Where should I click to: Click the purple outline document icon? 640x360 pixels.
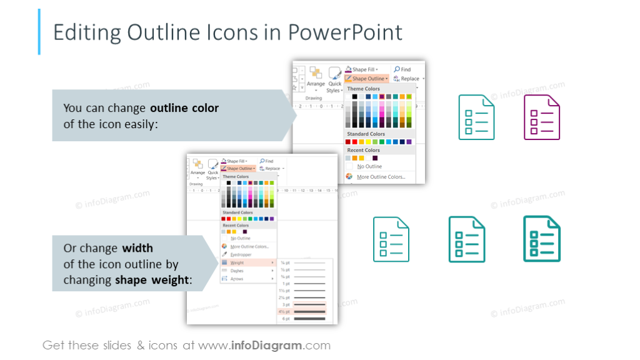click(x=541, y=117)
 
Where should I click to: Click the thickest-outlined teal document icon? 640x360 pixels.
click(x=541, y=238)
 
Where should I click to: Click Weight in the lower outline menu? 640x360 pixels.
click(x=237, y=262)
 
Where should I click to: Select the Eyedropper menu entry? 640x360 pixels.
click(x=241, y=254)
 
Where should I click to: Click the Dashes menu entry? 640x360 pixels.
click(x=237, y=271)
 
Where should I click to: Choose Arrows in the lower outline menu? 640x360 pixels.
click(x=237, y=279)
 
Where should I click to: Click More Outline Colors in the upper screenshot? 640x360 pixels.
click(x=381, y=177)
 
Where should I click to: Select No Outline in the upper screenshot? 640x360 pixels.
click(x=369, y=167)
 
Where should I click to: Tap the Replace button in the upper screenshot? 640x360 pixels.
click(x=409, y=79)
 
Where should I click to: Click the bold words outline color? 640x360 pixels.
click(x=184, y=108)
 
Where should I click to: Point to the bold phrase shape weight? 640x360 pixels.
click(x=151, y=280)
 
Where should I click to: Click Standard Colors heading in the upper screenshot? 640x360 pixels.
click(x=366, y=134)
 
